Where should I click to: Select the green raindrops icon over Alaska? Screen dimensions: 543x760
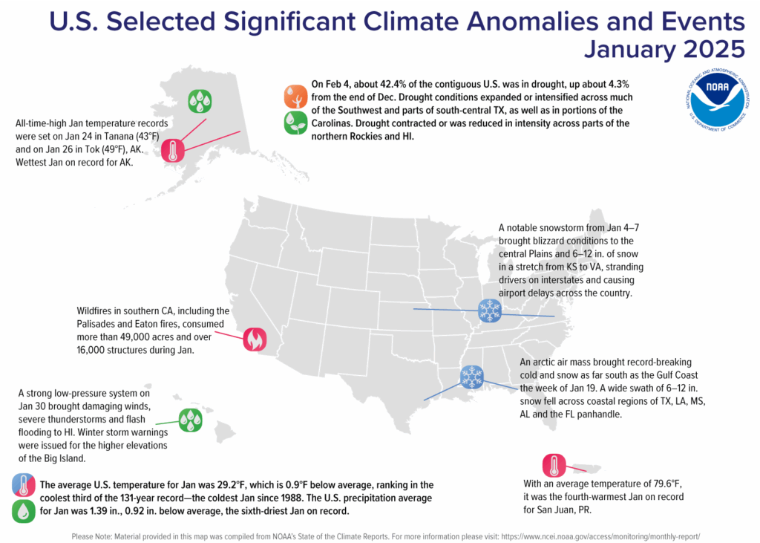click(x=199, y=101)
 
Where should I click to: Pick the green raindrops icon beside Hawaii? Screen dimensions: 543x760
click(x=190, y=421)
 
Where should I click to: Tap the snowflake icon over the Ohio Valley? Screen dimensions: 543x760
click(x=488, y=310)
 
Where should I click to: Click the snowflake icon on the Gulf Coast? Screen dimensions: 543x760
click(x=471, y=377)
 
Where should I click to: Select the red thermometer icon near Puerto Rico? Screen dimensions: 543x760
click(x=554, y=466)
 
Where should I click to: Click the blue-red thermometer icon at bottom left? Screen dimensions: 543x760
click(x=24, y=485)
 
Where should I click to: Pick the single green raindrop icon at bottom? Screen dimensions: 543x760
click(x=24, y=511)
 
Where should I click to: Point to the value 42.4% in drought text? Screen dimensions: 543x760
click(x=399, y=84)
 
